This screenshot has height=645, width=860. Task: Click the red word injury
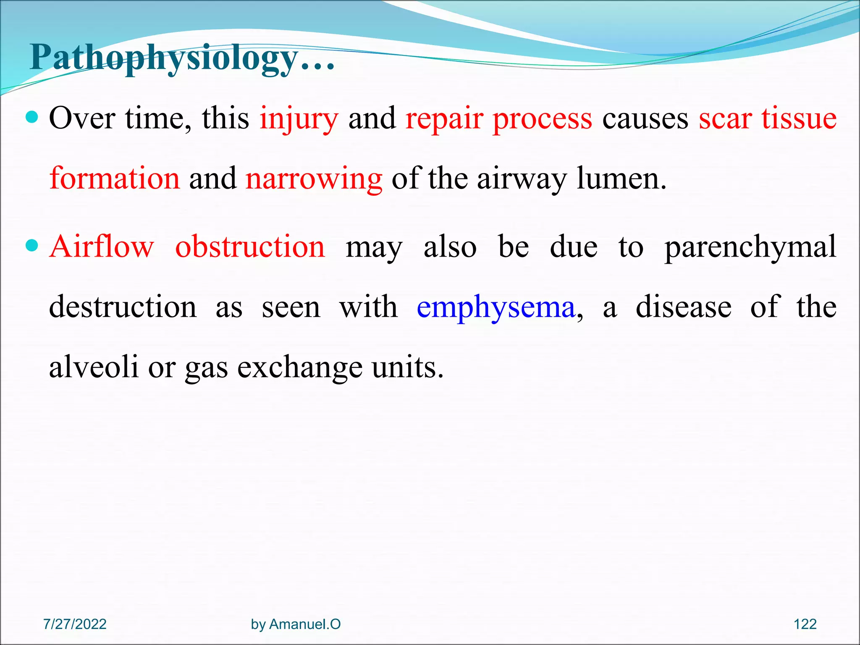299,119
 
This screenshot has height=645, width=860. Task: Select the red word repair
444,119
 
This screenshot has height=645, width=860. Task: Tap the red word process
542,119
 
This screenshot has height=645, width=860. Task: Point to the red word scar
725,119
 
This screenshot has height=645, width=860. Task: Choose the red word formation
115,178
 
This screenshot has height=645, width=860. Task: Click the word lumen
621,178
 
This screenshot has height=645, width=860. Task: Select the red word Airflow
102,246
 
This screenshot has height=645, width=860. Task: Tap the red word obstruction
250,246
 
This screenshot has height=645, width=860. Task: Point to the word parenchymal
750,247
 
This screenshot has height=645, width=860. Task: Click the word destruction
123,307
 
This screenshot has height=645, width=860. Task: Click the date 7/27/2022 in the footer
75,624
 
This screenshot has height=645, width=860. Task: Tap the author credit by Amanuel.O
296,624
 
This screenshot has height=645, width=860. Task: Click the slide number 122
805,624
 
